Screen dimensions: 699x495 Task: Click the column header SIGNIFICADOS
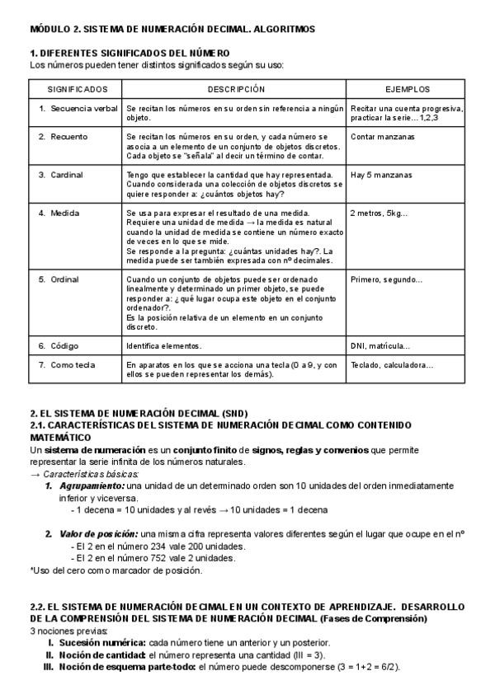(x=77, y=87)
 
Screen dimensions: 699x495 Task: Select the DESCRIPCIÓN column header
(x=236, y=87)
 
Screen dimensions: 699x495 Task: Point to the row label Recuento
(x=68, y=135)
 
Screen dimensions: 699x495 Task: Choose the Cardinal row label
(x=67, y=174)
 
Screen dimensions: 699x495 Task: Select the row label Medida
(x=65, y=213)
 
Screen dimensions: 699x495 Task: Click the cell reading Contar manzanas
(x=381, y=135)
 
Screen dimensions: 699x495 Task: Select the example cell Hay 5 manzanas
(x=381, y=174)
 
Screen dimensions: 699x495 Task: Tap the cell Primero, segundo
(x=386, y=279)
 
